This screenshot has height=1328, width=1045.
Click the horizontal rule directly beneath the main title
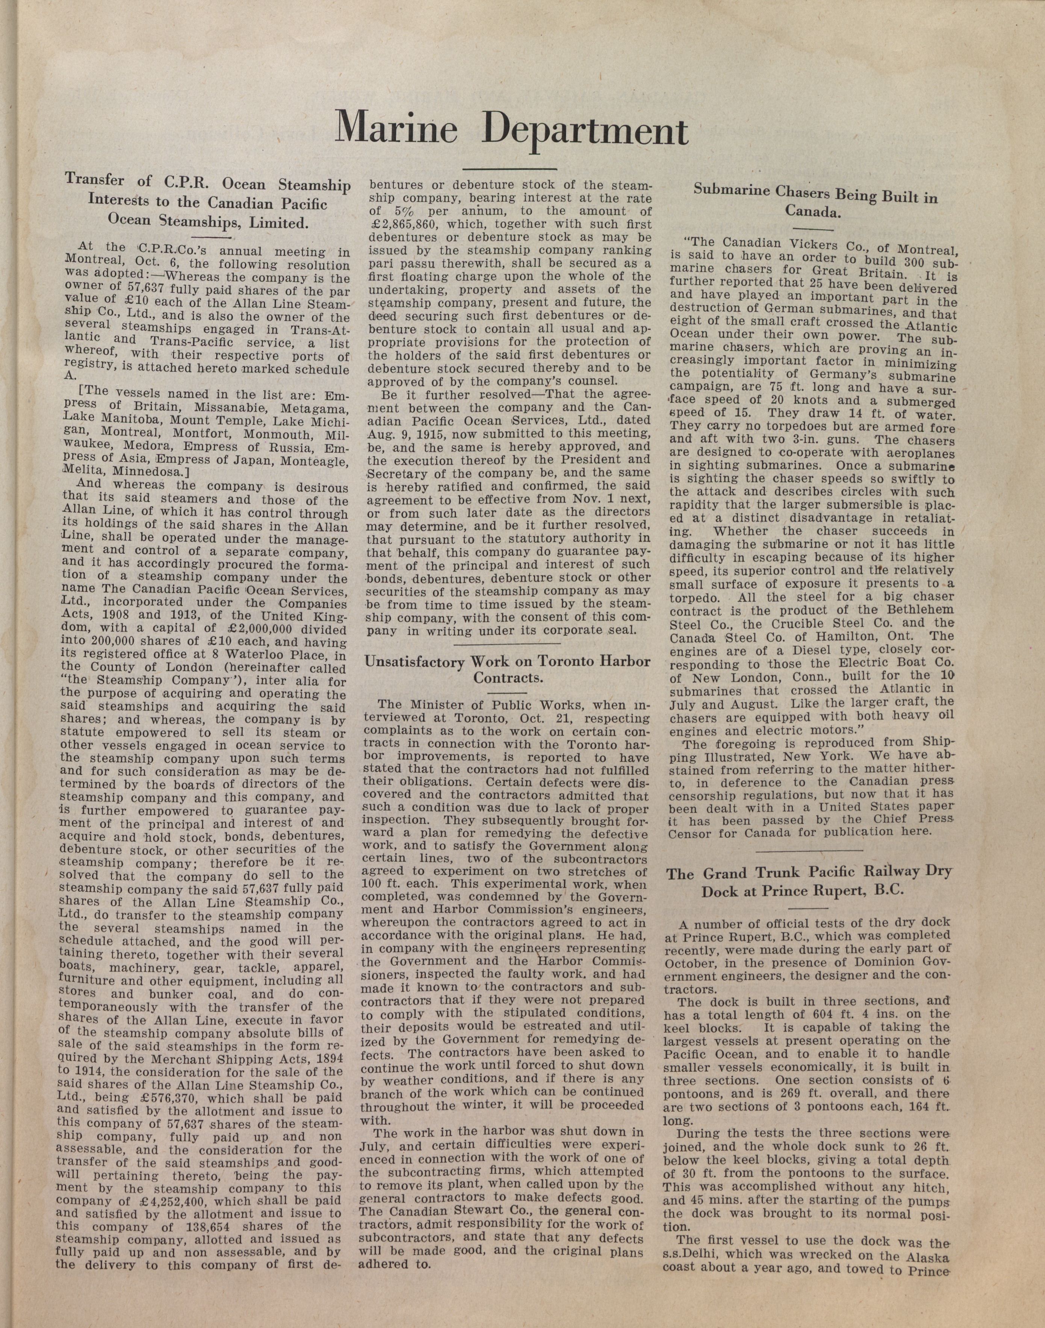point(509,169)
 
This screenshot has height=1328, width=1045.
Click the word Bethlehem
point(918,610)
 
